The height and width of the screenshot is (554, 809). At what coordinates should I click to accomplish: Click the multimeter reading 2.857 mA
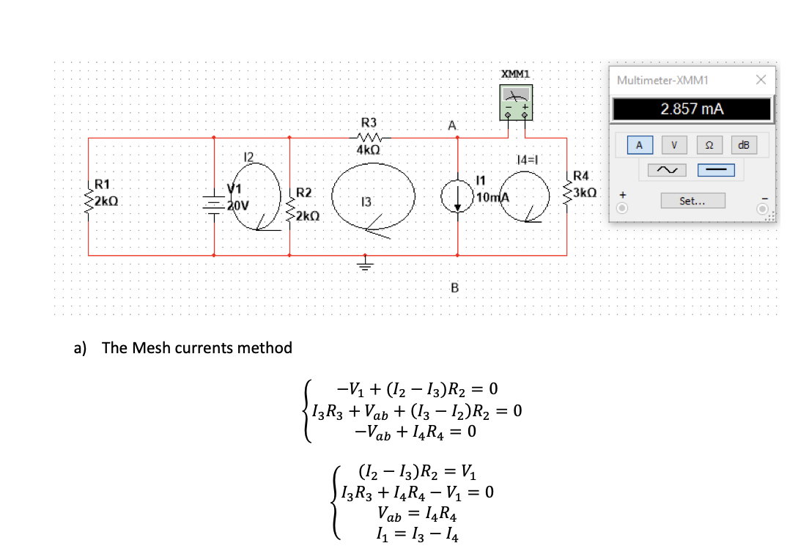[x=692, y=109]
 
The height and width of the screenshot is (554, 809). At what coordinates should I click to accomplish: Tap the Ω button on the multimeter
[x=708, y=144]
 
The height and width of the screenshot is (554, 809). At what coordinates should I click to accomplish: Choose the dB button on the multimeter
[x=744, y=144]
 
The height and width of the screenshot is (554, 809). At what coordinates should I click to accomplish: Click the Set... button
[x=692, y=200]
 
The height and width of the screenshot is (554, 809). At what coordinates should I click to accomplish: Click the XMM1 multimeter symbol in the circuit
[x=517, y=102]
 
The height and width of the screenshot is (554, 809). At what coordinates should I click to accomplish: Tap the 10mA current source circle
[x=457, y=196]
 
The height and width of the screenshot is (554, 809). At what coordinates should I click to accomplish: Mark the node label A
[x=453, y=127]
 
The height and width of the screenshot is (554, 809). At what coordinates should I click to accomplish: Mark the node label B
[x=454, y=288]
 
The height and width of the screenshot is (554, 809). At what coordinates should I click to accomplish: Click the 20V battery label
[x=237, y=205]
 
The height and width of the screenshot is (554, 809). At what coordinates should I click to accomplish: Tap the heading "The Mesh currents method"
[x=196, y=347]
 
